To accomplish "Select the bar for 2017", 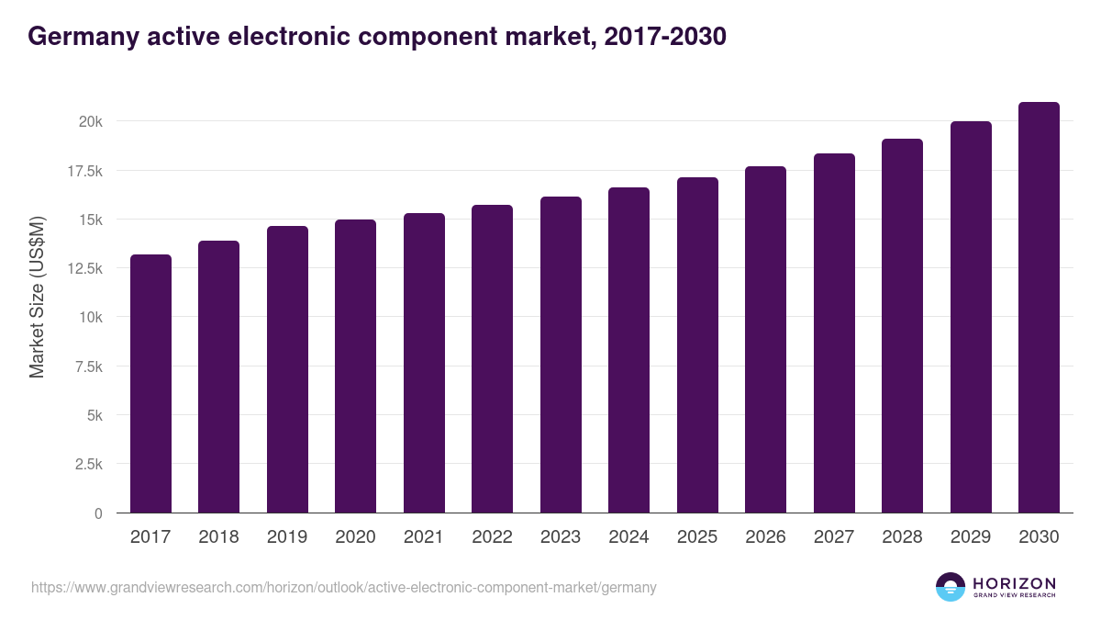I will pos(150,384).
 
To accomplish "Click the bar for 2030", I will pos(1039,308).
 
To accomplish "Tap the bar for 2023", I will pos(561,355).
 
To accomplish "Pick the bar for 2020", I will pos(355,366).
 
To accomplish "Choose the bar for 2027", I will pos(834,333).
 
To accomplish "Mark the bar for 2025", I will pos(697,345).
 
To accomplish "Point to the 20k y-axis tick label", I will pos(89,121).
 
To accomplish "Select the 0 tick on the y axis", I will pos(98,513).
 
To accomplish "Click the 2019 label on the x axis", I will pos(287,537).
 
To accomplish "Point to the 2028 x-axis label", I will pos(902,537).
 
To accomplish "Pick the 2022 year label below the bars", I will pos(492,537).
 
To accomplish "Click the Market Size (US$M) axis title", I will pos(37,296).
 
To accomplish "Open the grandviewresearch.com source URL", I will pos(344,587).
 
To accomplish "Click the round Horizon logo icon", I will pos(951,587).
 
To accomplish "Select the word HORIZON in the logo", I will pos(1014,582).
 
